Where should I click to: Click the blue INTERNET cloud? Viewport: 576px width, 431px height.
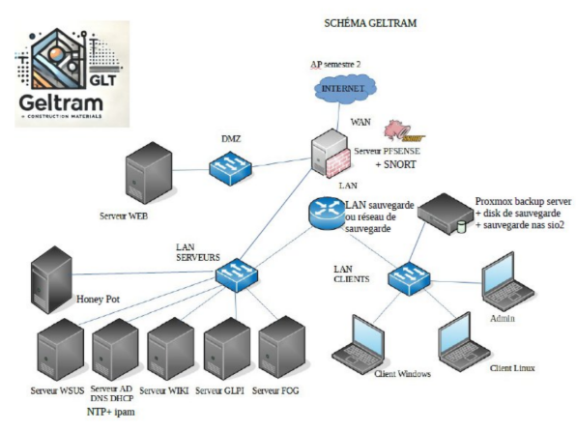click(345, 89)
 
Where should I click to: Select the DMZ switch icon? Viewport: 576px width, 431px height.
click(231, 167)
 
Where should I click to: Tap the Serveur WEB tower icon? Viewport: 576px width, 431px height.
click(149, 173)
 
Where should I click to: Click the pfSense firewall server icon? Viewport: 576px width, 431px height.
click(330, 153)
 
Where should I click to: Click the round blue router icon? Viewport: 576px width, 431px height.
click(327, 214)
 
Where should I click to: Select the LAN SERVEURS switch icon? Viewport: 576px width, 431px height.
click(237, 274)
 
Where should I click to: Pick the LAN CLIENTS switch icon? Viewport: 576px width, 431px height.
click(409, 278)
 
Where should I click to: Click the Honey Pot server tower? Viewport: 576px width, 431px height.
click(51, 280)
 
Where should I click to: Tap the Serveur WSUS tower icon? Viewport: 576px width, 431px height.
click(61, 350)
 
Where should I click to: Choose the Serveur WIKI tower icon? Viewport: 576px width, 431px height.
click(171, 349)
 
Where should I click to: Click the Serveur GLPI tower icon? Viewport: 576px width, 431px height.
click(227, 348)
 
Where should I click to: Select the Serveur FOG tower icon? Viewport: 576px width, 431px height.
click(282, 348)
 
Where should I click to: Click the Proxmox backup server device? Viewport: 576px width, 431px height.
click(446, 214)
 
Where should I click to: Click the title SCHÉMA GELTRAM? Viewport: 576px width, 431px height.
click(370, 23)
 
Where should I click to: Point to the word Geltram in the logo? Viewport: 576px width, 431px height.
click(61, 102)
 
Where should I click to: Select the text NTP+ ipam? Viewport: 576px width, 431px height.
click(110, 412)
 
